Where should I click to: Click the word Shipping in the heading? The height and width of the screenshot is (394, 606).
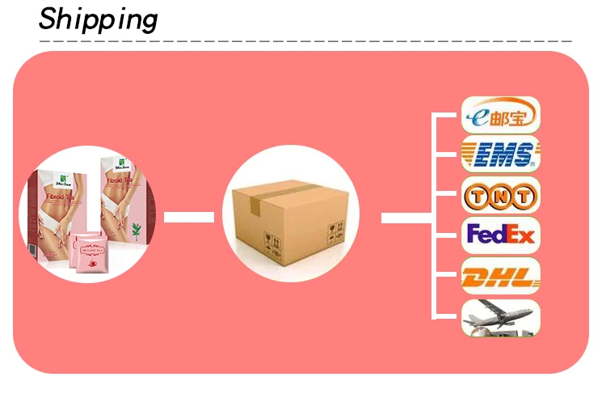click(99, 18)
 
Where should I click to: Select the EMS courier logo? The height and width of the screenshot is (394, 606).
click(499, 154)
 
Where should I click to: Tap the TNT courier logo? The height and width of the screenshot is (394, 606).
click(499, 195)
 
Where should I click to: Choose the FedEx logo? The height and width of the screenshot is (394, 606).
click(499, 235)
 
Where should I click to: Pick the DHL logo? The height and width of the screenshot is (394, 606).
click(499, 277)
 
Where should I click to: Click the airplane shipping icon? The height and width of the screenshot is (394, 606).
click(499, 317)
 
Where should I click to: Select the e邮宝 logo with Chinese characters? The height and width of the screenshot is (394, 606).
click(499, 115)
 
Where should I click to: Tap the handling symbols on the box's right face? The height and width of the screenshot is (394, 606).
click(335, 234)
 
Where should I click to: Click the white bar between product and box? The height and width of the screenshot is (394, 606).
click(189, 217)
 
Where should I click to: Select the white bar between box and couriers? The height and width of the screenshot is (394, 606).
click(406, 218)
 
